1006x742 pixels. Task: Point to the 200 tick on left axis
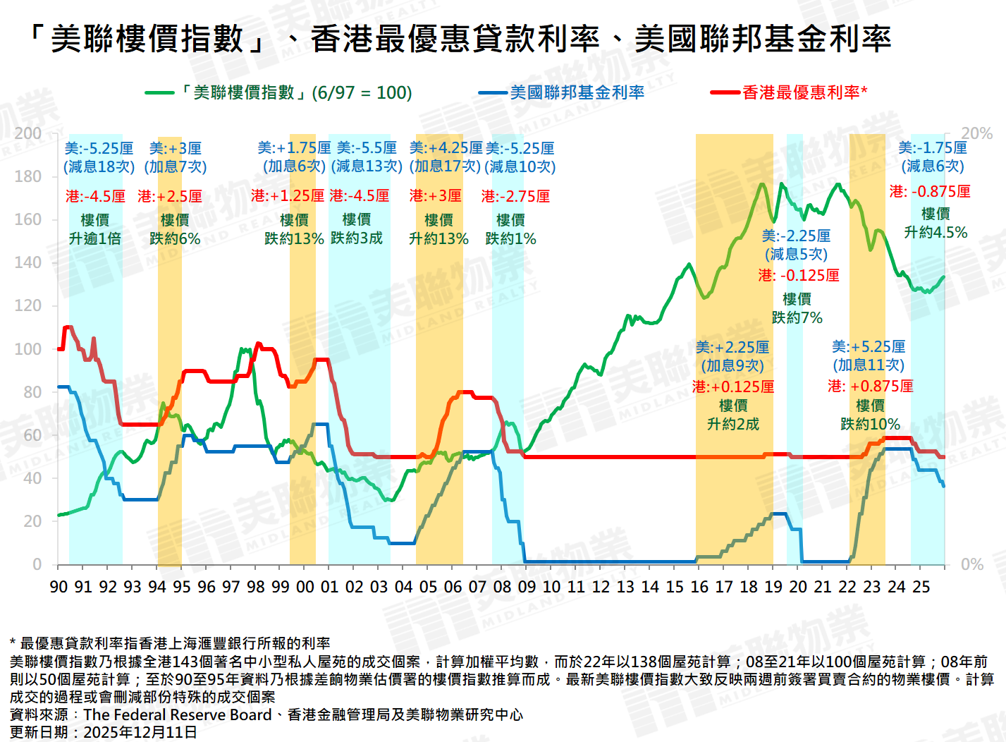(28, 133)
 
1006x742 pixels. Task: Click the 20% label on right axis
(976, 133)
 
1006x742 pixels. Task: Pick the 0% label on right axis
(972, 564)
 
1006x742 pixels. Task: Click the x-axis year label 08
(502, 587)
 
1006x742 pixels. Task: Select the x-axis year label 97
(231, 587)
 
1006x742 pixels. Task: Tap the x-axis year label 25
(921, 587)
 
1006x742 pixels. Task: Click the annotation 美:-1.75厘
(932, 148)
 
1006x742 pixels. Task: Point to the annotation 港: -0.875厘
(930, 192)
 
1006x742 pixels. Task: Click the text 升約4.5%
(936, 233)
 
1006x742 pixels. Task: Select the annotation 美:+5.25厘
(869, 347)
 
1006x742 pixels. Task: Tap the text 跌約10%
(870, 425)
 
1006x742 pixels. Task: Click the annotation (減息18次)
(99, 167)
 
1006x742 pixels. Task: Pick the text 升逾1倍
(95, 239)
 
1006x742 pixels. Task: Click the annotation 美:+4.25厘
(446, 148)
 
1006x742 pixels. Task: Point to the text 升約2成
(733, 425)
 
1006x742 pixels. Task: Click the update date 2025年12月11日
(140, 732)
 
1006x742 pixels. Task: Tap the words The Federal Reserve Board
(178, 714)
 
